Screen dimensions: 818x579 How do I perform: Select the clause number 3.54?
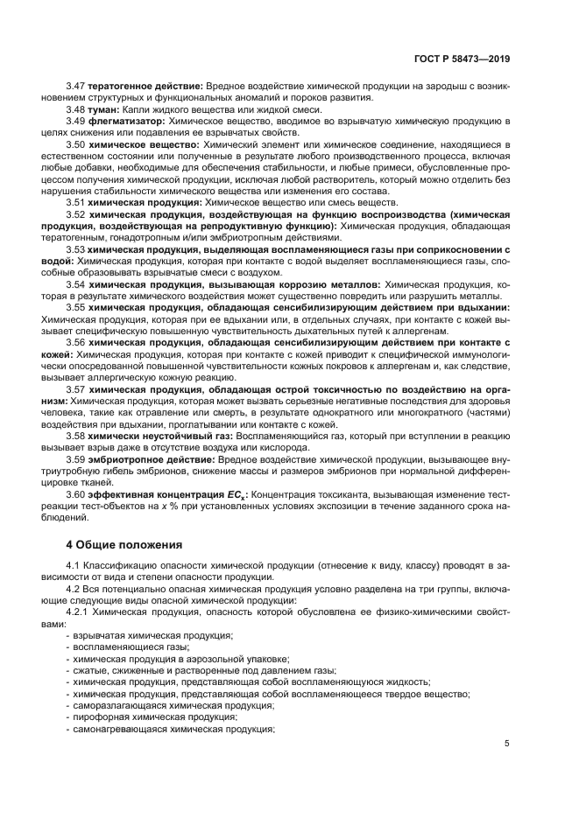pyautogui.click(x=74, y=285)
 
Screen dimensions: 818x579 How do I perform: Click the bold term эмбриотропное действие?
pyautogui.click(x=147, y=458)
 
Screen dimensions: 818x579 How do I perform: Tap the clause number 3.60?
pyautogui.click(x=74, y=494)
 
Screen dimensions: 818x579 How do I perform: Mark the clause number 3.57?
pyautogui.click(x=74, y=388)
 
